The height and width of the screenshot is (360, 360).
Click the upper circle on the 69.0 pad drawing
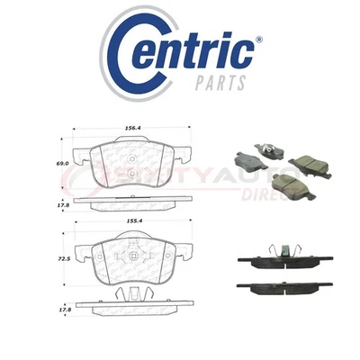pyautogui.click(x=131, y=152)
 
